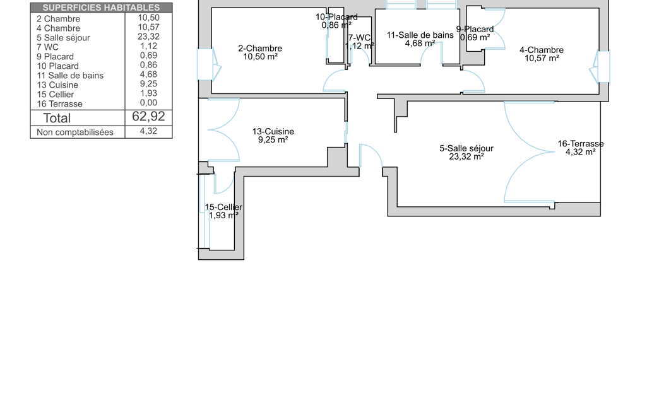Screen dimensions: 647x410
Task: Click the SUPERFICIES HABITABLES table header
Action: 101,8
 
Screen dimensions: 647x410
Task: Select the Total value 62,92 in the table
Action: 148,117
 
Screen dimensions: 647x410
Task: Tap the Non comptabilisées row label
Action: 75,132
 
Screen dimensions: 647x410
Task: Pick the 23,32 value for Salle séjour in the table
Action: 148,37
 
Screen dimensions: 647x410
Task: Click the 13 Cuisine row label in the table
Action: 57,85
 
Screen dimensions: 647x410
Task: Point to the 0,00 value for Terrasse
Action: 148,103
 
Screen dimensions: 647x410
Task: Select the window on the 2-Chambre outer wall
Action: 209,64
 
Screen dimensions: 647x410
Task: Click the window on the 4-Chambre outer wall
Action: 600,67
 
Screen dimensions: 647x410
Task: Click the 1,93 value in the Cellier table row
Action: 148,93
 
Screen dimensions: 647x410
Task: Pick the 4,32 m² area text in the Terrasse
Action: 581,152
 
